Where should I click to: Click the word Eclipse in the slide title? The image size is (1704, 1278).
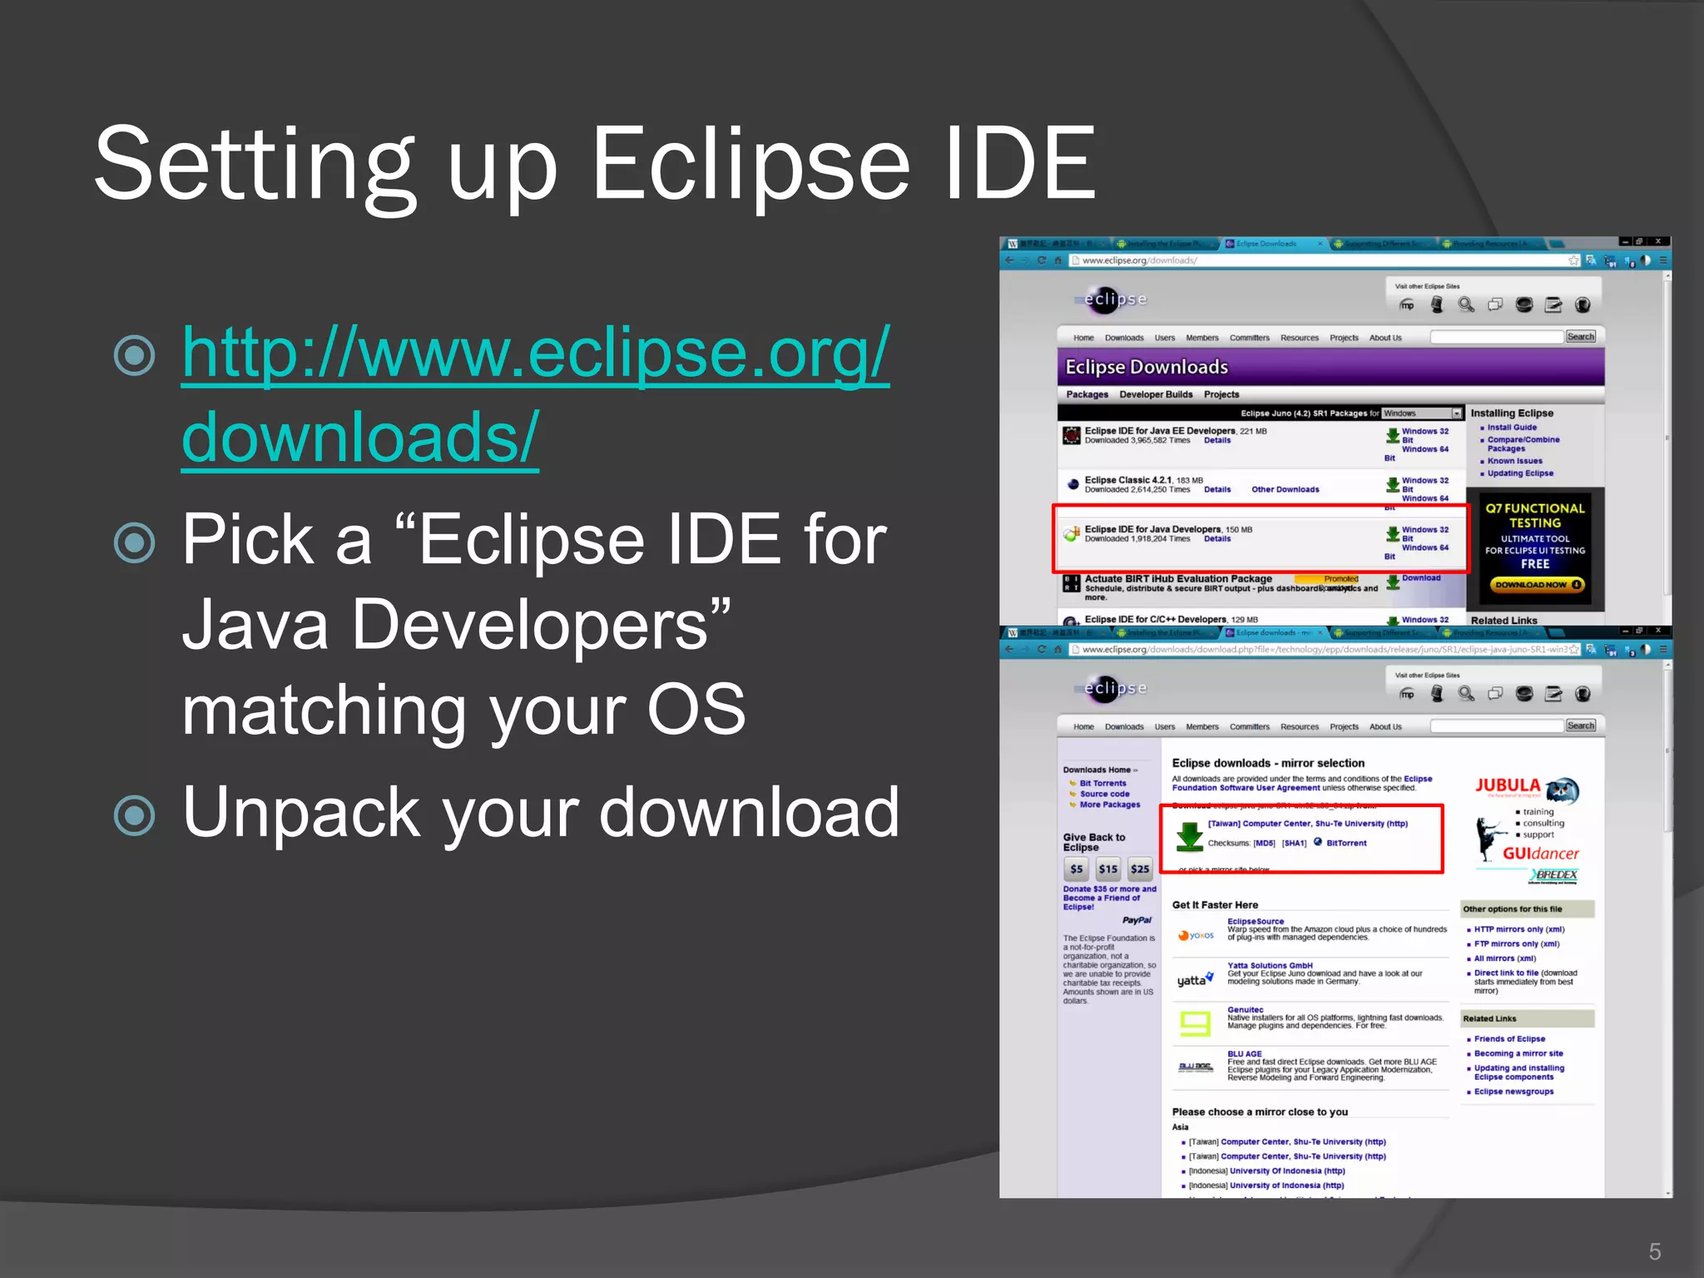coord(749,164)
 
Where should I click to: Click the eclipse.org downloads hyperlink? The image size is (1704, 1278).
coord(535,394)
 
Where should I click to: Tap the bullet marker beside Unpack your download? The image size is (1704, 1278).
coord(134,815)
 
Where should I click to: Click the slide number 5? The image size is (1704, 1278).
coord(1654,1251)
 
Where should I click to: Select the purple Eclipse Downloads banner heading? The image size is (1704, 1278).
coord(1146,367)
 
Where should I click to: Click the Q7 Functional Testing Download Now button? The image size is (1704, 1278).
coord(1536,585)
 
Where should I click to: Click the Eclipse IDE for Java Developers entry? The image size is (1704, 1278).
coord(1152,529)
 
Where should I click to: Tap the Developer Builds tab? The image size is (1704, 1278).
coord(1155,394)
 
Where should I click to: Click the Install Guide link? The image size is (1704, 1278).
coord(1512,428)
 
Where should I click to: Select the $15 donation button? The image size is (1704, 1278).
coord(1107,869)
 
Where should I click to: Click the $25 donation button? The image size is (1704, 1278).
coord(1139,869)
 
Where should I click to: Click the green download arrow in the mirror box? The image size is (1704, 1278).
coord(1190,835)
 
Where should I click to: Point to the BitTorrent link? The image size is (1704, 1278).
coord(1346,843)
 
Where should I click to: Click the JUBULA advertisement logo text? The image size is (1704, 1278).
coord(1508,785)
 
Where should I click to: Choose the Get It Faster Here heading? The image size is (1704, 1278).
coord(1215,904)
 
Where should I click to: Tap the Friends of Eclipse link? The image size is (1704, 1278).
coord(1509,1039)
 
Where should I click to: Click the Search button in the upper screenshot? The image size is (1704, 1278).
coord(1580,337)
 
